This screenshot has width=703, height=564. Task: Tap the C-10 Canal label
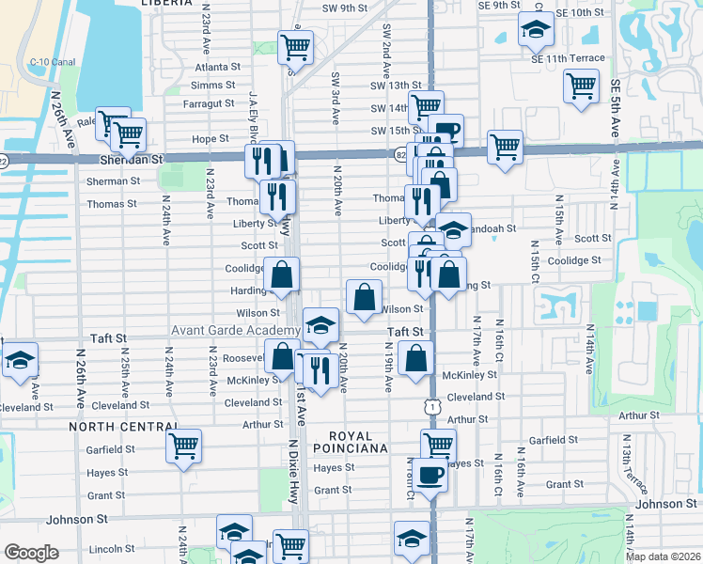pos(53,63)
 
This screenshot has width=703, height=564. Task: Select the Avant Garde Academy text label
pos(234,331)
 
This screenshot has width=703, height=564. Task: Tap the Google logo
pos(30,553)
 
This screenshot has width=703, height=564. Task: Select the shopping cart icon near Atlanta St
pos(296,45)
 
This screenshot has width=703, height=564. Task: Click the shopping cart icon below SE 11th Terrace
pos(581,86)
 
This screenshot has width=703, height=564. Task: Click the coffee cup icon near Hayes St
pos(430,474)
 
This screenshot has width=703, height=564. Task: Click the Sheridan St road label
pos(132,161)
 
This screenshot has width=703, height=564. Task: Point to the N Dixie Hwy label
pos(293,470)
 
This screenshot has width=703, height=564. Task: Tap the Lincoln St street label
pos(112,549)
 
